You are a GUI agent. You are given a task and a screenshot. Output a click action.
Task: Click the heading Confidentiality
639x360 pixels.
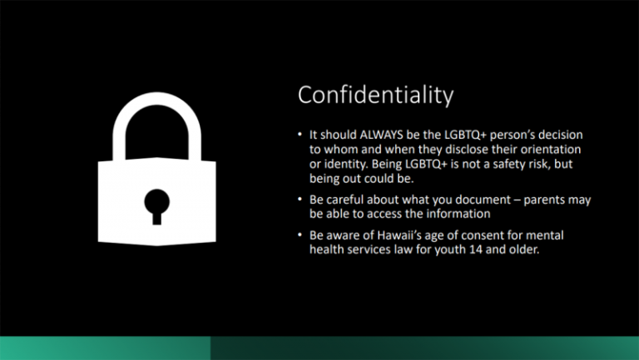[x=375, y=96]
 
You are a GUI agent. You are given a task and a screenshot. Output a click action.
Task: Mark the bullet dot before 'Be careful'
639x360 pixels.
[x=301, y=200]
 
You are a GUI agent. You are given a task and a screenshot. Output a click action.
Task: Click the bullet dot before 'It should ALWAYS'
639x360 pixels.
[x=301, y=136]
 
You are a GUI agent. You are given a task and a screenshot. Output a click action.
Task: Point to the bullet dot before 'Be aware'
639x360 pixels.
[x=301, y=235]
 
